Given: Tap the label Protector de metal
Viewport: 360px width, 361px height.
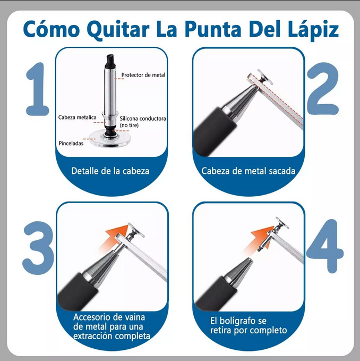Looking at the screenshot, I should pyautogui.click(x=143, y=75).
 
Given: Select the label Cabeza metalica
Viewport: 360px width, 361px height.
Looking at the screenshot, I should pyautogui.click(x=77, y=116).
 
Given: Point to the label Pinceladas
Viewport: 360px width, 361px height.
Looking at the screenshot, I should pyautogui.click(x=71, y=143).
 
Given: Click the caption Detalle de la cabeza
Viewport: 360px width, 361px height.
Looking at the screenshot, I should pyautogui.click(x=110, y=171).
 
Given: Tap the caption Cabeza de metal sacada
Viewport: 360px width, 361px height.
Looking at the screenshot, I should pyautogui.click(x=248, y=171).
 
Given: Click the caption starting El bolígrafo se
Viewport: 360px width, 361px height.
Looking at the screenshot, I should pyautogui.click(x=248, y=325).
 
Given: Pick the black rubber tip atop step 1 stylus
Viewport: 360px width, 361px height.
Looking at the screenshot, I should pyautogui.click(x=109, y=57).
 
